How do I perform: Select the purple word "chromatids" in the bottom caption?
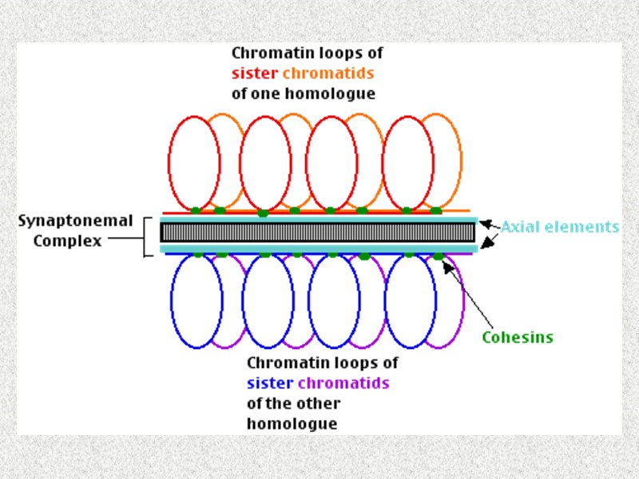click(x=343, y=382)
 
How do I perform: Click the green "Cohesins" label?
click(x=517, y=337)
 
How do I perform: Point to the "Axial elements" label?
click(x=560, y=227)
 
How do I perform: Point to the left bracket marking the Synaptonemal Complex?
click(x=146, y=236)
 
